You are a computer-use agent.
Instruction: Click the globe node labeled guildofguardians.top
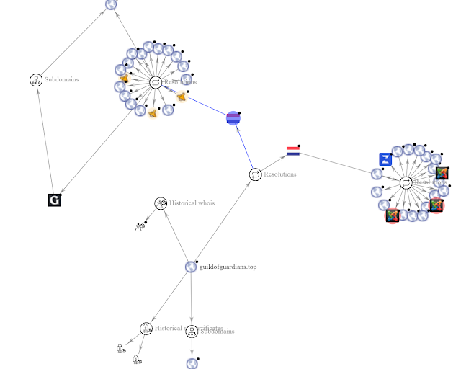click(x=191, y=267)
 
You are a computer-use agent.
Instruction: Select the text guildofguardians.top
click(x=228, y=267)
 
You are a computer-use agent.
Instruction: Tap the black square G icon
click(x=54, y=200)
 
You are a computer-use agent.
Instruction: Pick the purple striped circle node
click(x=233, y=118)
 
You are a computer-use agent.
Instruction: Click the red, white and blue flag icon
click(x=292, y=151)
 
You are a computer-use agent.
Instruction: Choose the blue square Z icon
click(x=385, y=159)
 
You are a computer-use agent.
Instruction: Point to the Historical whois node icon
click(x=161, y=203)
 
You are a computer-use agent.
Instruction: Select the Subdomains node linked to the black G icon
click(x=36, y=79)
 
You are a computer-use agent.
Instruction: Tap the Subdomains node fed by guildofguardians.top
click(x=192, y=331)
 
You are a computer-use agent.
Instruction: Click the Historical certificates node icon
click(x=146, y=329)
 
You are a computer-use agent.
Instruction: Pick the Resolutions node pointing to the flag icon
click(x=255, y=174)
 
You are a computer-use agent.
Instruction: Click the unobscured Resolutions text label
click(x=280, y=174)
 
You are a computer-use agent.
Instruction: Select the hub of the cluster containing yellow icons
click(x=156, y=83)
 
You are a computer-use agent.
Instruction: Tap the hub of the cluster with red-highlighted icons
click(x=406, y=183)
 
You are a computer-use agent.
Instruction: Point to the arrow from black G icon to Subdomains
click(x=45, y=137)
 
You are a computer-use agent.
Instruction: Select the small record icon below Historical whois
click(x=140, y=227)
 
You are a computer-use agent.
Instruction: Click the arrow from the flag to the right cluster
click(x=339, y=163)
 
